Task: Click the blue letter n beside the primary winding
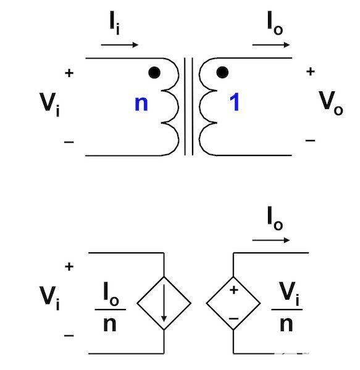point(141,104)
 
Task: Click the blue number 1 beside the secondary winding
point(235,102)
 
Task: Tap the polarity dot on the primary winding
point(154,72)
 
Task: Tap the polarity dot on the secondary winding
point(222,72)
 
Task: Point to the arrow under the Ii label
point(120,44)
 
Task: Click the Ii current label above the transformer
point(115,23)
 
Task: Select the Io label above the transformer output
point(275,23)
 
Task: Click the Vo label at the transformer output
point(331,103)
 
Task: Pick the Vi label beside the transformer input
point(49,105)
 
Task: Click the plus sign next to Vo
point(311,72)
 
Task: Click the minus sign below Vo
point(310,141)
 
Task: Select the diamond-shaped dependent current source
point(164,303)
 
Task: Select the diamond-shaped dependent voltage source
point(233,303)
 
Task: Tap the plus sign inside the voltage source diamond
point(234,290)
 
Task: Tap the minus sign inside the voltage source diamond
point(233,319)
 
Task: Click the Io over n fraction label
point(111,306)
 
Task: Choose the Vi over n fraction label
point(287,306)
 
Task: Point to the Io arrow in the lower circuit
point(271,240)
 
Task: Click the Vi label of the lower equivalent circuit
point(49,298)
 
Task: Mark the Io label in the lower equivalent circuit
point(275,218)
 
